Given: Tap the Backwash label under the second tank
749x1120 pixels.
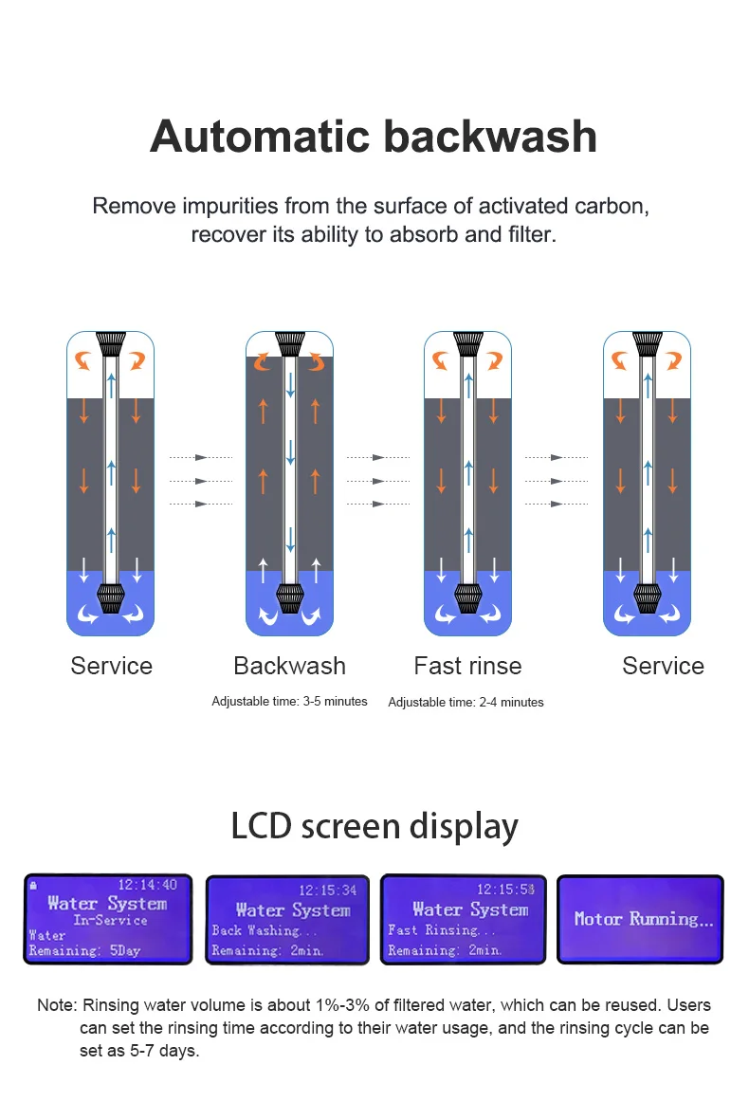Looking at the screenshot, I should [289, 666].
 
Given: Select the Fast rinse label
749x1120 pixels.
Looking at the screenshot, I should [467, 666].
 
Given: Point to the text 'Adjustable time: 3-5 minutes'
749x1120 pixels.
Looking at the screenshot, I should [289, 702].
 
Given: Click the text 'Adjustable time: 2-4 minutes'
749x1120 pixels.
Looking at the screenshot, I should [466, 703].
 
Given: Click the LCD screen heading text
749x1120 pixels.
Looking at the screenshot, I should [374, 826].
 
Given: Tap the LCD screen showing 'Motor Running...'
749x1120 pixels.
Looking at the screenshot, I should [640, 919].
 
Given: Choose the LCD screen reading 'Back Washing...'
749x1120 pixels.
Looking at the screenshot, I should [287, 919].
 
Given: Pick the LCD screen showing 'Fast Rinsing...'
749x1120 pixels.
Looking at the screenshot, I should [464, 919].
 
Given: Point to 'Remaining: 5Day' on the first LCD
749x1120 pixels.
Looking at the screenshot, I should [84, 950].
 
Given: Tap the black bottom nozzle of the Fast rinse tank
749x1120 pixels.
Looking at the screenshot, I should [467, 597].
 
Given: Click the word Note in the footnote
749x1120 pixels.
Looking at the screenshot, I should [55, 1005].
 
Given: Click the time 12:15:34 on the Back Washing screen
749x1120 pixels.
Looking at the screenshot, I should [328, 890].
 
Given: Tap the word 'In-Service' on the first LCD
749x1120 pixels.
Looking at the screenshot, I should [111, 920].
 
